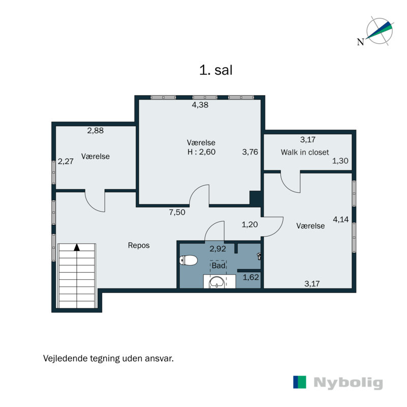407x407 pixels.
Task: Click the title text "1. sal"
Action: pos(216,70)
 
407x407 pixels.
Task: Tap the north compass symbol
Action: pos(377,32)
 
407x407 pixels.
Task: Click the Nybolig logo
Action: pos(338,383)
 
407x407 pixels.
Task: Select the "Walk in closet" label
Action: pos(305,152)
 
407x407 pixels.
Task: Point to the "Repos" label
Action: pos(138,245)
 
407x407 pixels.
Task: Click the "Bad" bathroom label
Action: pos(218,265)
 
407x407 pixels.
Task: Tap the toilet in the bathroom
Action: pos(189,261)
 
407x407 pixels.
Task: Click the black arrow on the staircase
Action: pos(77,247)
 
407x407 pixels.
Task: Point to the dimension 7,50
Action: pos(177,213)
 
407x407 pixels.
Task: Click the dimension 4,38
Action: pos(200,105)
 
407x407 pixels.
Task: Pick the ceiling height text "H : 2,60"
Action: pos(201,152)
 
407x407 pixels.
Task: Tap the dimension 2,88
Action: pos(95,130)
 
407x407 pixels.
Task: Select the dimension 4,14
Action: pos(341,219)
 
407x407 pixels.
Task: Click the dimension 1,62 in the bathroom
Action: pos(251,277)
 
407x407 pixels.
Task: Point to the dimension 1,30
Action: pos(340,161)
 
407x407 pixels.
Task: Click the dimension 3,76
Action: pos(250,152)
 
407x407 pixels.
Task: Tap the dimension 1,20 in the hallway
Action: pos(249,224)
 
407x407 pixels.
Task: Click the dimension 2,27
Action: pos(66,162)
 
